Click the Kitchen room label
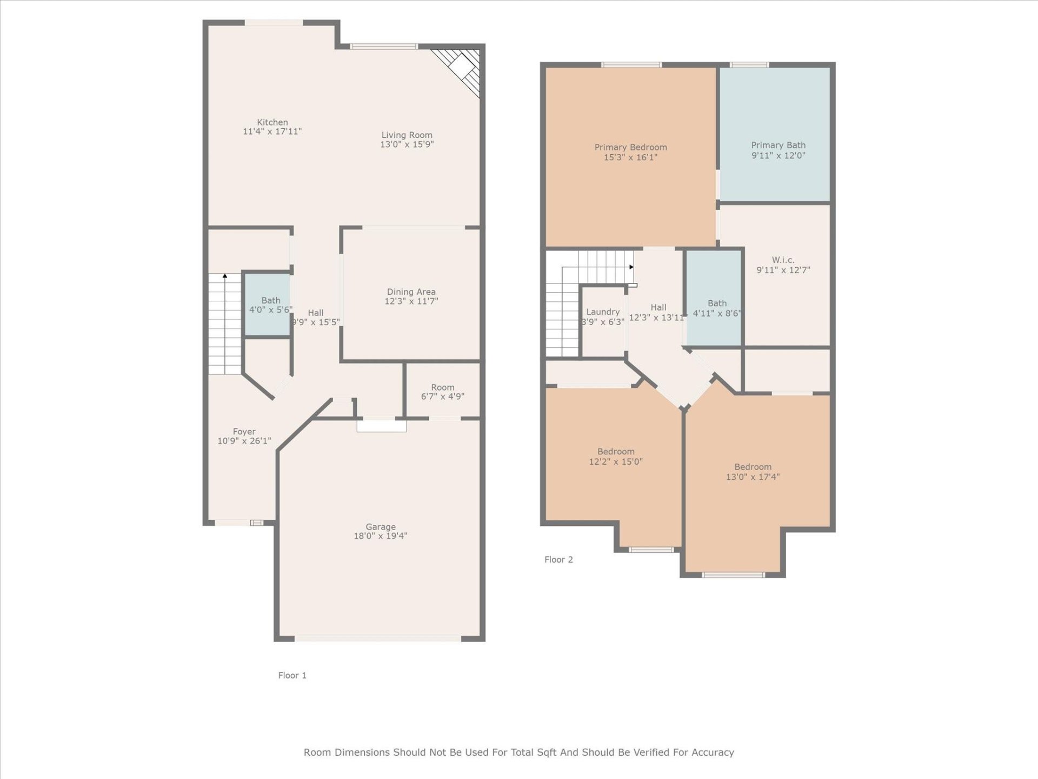pos(272,122)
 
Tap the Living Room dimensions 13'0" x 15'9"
pos(407,144)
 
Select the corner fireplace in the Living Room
pos(463,69)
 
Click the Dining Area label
pos(411,292)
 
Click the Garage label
pos(380,527)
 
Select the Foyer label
pos(244,432)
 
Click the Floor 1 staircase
pos(224,325)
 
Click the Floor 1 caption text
pos(292,675)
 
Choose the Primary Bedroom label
pos(630,147)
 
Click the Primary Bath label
pos(778,145)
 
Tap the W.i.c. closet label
pos(783,260)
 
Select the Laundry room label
pos(603,312)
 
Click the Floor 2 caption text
pos(558,559)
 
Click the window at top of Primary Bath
pos(749,65)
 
